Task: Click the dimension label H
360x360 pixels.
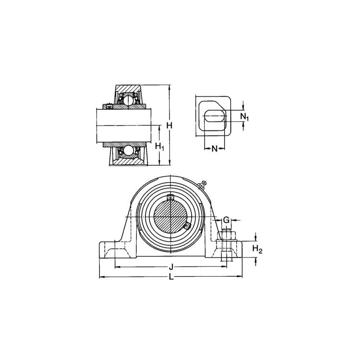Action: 170,126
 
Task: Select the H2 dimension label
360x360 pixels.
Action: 257,249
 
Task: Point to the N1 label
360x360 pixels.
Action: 244,117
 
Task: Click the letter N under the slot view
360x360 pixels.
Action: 214,149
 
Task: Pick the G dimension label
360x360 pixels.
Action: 226,220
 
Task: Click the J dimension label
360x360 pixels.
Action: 171,267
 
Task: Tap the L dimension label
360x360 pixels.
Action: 171,277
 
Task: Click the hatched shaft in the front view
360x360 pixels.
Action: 171,217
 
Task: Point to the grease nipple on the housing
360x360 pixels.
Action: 202,185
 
